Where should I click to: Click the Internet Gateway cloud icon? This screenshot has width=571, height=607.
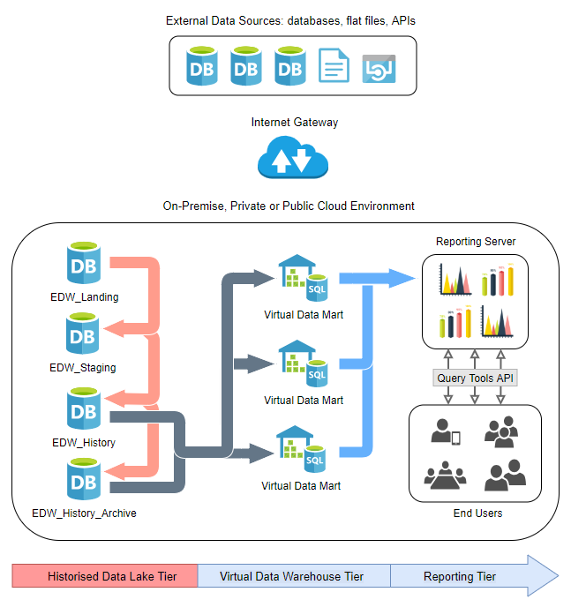292,158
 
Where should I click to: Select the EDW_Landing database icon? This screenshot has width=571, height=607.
83,264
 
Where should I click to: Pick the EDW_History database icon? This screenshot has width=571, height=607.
83,408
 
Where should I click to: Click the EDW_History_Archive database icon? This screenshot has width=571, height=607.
83,481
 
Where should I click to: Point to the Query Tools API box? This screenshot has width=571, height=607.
474,378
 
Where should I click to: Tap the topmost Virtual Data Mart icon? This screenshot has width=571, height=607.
302,276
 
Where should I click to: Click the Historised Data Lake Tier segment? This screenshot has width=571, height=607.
105,577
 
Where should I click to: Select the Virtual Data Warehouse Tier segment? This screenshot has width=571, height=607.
293,577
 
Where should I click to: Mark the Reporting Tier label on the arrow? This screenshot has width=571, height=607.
459,577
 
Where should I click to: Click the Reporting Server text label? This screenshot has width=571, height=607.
476,241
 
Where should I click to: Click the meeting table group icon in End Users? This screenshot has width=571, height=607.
443,476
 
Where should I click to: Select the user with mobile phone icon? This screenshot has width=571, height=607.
444,431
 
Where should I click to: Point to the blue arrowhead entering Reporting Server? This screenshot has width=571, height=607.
401,278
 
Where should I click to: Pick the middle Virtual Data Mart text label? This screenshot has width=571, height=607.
303,400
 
